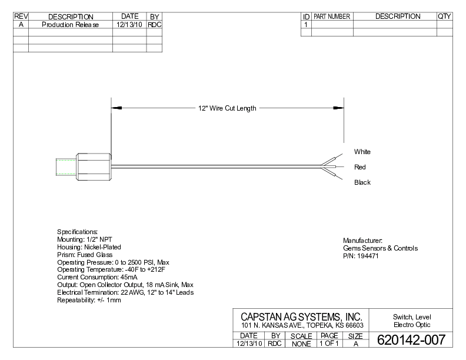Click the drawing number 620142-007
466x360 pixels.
point(411,340)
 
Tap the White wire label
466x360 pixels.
point(362,152)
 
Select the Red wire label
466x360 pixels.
point(360,167)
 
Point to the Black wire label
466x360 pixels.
point(362,182)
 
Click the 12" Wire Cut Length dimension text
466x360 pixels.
point(227,108)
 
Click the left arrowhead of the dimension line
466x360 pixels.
point(116,108)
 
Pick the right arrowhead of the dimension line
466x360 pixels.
point(338,108)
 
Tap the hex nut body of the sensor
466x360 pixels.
point(94,166)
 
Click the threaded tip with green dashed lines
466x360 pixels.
point(66,167)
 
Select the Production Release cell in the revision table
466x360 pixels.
point(70,25)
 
